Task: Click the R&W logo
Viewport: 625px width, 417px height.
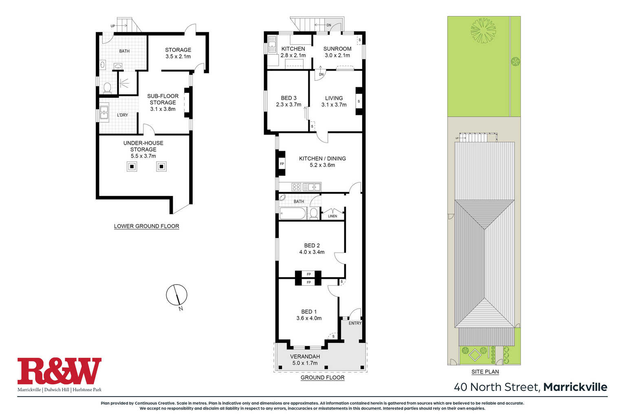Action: coord(59,371)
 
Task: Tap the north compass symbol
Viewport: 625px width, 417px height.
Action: coord(176,295)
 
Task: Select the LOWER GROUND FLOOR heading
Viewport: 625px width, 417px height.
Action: coord(147,226)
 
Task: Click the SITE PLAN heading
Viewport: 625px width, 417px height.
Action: coord(485,372)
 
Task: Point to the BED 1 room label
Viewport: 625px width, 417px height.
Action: coord(309,312)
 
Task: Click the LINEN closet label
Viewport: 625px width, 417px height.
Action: coord(332,216)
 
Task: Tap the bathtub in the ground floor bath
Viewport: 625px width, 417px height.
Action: coord(293,214)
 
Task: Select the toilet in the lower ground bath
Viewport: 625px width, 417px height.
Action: coord(107,88)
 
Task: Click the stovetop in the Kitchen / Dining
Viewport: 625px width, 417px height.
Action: coord(296,187)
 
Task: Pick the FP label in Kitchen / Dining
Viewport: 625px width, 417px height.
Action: coord(282,164)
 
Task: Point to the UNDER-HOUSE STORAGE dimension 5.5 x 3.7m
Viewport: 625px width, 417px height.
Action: coord(143,156)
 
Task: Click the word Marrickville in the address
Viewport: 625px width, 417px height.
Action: coord(575,387)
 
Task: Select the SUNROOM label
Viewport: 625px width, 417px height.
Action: coord(337,49)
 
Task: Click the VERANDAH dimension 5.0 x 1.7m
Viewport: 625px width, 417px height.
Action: coord(305,363)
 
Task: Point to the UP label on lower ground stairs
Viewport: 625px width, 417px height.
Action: coord(113,26)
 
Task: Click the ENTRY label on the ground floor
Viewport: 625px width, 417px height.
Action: coord(355,323)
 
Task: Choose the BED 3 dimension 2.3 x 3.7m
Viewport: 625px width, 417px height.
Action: coord(288,105)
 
